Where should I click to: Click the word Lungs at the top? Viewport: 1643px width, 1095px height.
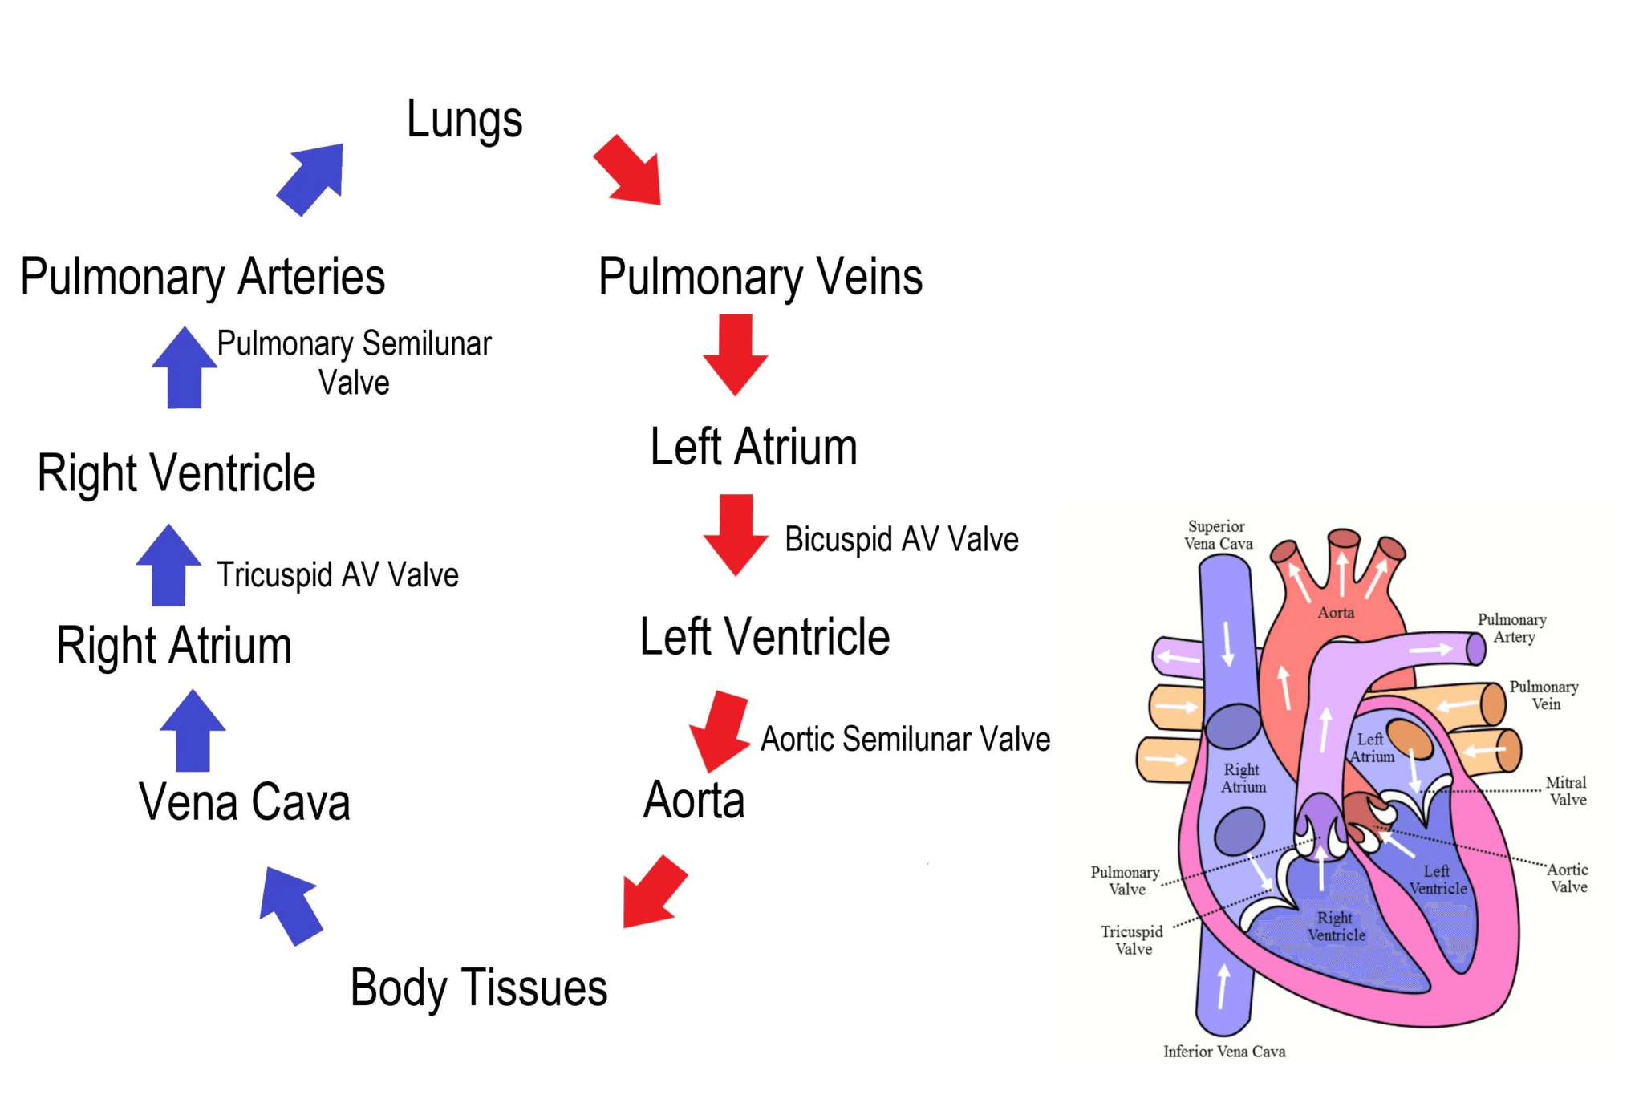[x=465, y=120]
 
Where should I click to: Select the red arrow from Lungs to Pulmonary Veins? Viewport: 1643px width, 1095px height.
[x=630, y=171]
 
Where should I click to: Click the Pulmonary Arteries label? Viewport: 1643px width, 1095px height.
[x=203, y=277]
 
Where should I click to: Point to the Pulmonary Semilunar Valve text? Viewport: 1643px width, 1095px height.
[x=354, y=363]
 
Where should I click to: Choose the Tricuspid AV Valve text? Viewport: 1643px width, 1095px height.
[x=338, y=575]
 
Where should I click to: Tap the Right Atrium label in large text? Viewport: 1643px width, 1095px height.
[x=174, y=646]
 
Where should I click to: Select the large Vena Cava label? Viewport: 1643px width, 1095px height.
[x=245, y=801]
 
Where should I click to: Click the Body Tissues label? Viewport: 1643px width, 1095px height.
[x=479, y=988]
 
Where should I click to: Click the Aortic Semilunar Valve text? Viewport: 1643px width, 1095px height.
[x=905, y=739]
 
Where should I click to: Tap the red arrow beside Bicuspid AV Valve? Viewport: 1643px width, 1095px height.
[x=736, y=533]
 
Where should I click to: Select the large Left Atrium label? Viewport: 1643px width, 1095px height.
[x=753, y=447]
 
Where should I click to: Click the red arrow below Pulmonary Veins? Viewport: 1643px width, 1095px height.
[x=736, y=354]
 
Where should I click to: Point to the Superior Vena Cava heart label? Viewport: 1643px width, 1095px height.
[x=1218, y=535]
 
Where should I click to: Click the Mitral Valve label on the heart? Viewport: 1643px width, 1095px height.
[x=1567, y=791]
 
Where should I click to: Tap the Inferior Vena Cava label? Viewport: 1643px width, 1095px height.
[x=1224, y=1052]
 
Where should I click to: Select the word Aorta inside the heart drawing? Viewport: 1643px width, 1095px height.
[x=1336, y=613]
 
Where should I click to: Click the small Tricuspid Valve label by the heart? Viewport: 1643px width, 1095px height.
[x=1132, y=940]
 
